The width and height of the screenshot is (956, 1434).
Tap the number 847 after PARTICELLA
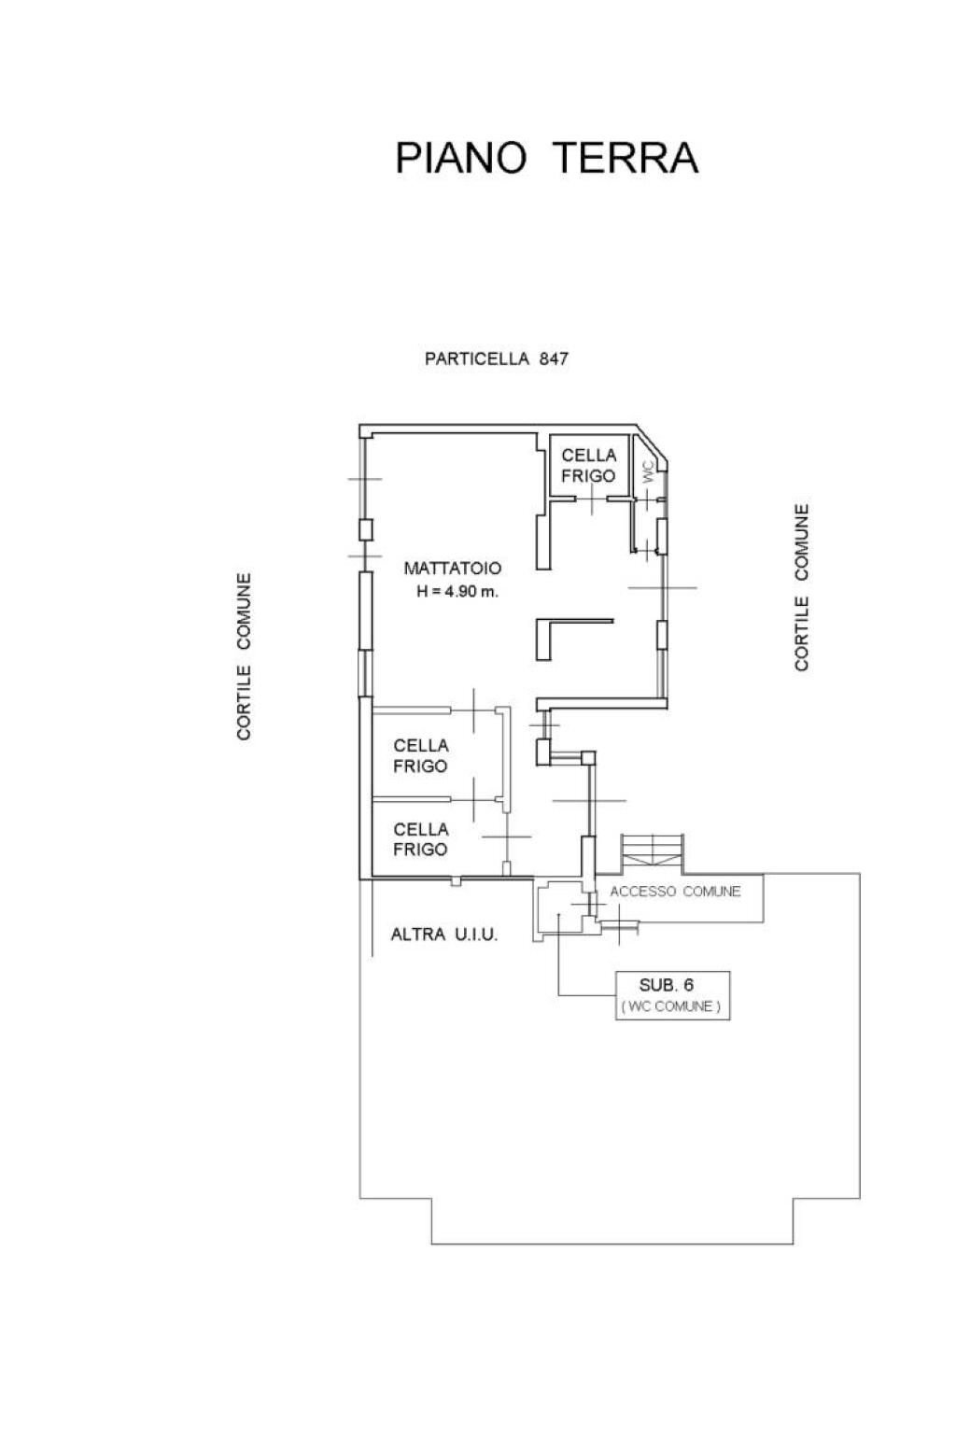click(554, 358)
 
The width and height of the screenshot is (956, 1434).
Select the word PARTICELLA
click(477, 358)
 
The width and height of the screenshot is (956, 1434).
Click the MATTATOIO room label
click(453, 568)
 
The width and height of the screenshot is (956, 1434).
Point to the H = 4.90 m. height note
click(457, 592)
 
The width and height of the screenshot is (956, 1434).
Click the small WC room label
click(649, 472)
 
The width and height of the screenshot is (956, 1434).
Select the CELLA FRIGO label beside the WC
click(588, 466)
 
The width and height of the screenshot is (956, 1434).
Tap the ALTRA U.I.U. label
click(443, 935)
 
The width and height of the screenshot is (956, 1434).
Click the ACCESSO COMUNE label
click(676, 892)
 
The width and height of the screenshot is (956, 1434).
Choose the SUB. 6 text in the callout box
click(666, 985)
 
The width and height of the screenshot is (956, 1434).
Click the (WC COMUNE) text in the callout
click(671, 1006)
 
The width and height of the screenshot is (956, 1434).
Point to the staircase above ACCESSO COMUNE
click(651, 854)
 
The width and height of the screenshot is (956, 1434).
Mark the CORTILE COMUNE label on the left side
click(244, 657)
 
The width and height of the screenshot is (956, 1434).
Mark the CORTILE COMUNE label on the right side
click(802, 587)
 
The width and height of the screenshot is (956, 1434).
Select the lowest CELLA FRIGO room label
click(420, 839)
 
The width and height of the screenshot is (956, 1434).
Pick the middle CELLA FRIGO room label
click(420, 755)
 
